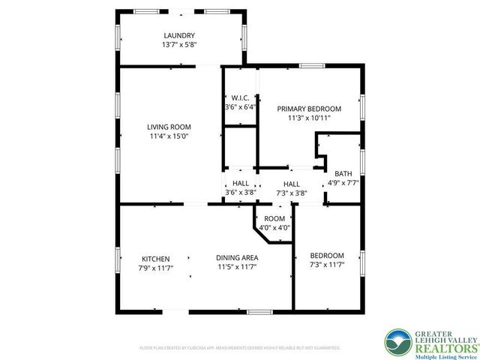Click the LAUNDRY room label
click(179, 35)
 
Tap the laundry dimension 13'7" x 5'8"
click(179, 45)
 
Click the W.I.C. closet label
click(240, 97)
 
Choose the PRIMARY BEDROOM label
click(309, 109)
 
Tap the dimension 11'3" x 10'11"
click(309, 118)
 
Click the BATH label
click(343, 173)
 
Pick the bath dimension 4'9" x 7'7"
click(343, 183)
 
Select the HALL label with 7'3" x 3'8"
click(291, 184)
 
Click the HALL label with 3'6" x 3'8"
click(241, 183)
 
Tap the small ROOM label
click(274, 218)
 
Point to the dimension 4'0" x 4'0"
click(274, 228)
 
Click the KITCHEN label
click(154, 258)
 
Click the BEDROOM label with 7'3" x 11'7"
click(327, 256)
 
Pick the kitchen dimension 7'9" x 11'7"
click(154, 268)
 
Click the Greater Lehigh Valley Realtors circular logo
click(397, 343)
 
